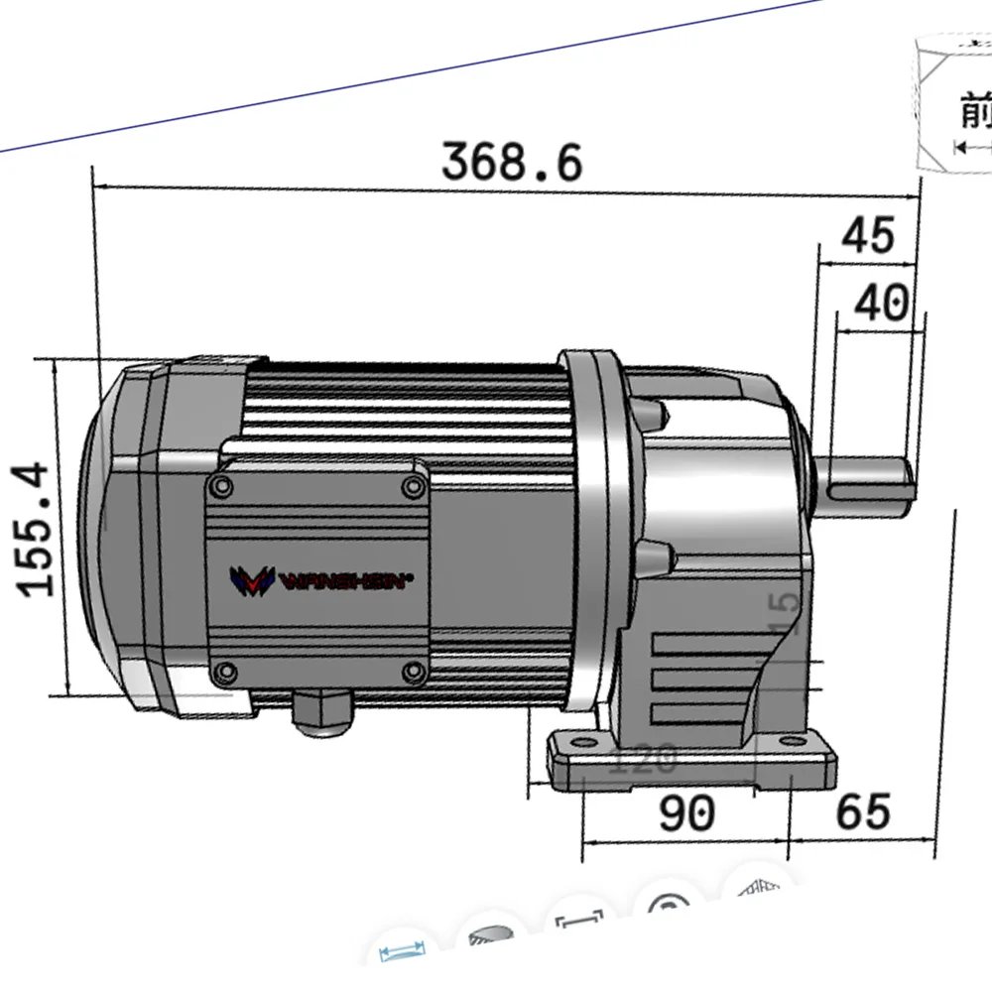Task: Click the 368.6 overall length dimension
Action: click(x=512, y=162)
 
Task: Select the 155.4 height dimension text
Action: click(x=38, y=529)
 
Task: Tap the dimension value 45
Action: click(x=868, y=235)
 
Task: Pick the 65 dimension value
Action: click(x=863, y=811)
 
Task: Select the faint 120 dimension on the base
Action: click(x=642, y=761)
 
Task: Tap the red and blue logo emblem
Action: click(x=251, y=581)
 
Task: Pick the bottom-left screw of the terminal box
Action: click(x=224, y=673)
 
